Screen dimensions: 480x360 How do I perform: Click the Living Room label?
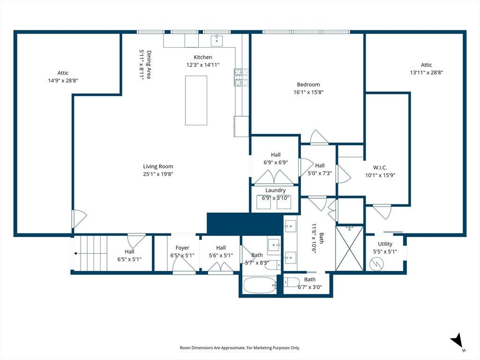pyautogui.click(x=158, y=166)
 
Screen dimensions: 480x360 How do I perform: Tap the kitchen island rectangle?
pyautogui.click(x=196, y=100)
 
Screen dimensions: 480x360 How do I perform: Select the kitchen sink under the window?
pyautogui.click(x=217, y=41)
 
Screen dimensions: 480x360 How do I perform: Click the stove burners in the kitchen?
pyautogui.click(x=241, y=77)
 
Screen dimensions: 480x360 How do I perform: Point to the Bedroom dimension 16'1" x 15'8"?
pyautogui.click(x=308, y=92)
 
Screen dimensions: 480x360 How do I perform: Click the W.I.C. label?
pyautogui.click(x=380, y=168)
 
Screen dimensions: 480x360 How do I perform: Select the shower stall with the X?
pyautogui.click(x=350, y=248)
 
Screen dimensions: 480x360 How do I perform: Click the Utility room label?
pyautogui.click(x=385, y=244)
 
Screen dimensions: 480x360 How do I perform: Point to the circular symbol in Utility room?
pyautogui.click(x=376, y=263)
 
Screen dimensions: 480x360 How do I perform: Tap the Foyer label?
pyautogui.click(x=182, y=247)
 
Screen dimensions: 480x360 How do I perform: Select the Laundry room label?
pyautogui.click(x=275, y=190)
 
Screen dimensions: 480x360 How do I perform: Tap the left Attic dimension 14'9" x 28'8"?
pyautogui.click(x=63, y=81)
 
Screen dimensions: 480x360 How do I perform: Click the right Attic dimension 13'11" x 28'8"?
pyautogui.click(x=427, y=73)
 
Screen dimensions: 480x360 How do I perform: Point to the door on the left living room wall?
pyautogui.click(x=79, y=218)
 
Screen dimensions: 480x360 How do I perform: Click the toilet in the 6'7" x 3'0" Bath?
pyautogui.click(x=291, y=282)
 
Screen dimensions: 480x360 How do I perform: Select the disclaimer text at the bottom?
pyautogui.click(x=240, y=348)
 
